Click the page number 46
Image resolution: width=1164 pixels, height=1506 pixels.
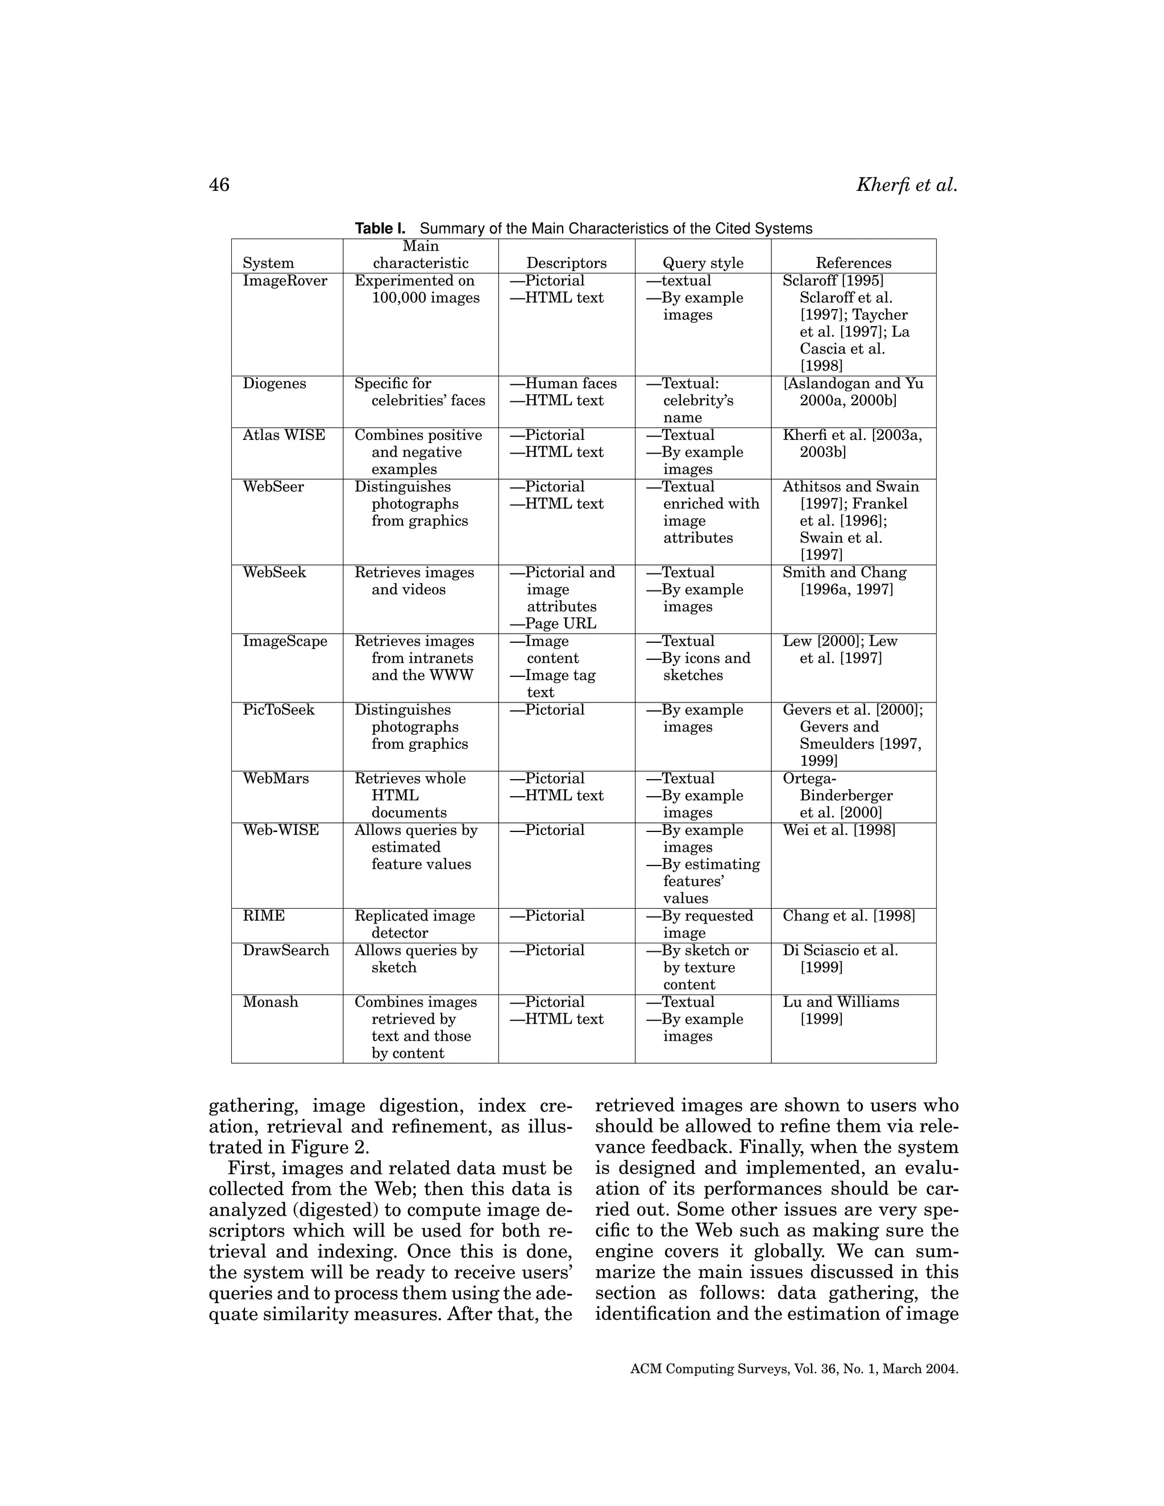tap(219, 185)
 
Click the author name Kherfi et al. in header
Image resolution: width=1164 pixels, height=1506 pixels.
tap(906, 185)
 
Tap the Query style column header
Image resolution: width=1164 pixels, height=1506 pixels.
tap(702, 263)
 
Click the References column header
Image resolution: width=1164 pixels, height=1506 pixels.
tap(853, 263)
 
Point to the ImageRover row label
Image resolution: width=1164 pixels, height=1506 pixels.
tap(285, 281)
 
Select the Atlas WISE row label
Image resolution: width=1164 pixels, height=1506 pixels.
tap(284, 435)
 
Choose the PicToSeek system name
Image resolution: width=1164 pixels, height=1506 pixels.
tap(278, 710)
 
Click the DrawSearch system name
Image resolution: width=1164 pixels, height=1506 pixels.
tap(285, 950)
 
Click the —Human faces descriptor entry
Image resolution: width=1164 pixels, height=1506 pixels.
tap(563, 384)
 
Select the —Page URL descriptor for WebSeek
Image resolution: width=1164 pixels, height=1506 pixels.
tap(553, 623)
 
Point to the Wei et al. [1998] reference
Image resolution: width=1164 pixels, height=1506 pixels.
tap(838, 830)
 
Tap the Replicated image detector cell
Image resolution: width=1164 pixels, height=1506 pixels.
tap(414, 924)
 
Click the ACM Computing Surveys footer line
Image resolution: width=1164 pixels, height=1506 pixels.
tap(793, 1369)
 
